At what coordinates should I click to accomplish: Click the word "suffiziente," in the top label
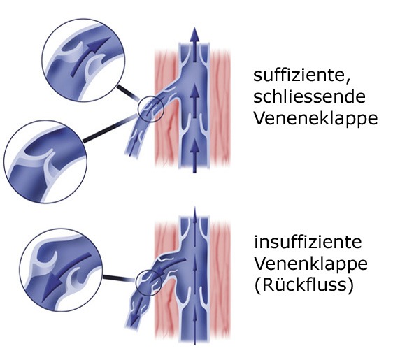tap(301, 75)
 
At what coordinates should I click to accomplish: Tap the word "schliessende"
tap(309, 96)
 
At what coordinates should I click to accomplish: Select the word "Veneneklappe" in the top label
tap(315, 118)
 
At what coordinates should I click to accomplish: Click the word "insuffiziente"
tap(308, 241)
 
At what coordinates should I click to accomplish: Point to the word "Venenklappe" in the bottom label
tap(311, 264)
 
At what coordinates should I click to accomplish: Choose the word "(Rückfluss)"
tap(304, 285)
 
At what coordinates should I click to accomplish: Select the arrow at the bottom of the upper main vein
tap(195, 156)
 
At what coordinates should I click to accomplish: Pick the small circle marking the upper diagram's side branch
tap(150, 108)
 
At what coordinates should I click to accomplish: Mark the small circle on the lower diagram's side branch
tap(149, 282)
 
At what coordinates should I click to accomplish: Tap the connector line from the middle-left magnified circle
tap(110, 129)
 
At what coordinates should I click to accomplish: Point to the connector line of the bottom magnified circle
tap(119, 278)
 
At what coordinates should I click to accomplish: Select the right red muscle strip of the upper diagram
tap(220, 108)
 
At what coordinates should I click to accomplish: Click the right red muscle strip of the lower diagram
tap(220, 280)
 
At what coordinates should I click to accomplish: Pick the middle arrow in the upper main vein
tap(195, 101)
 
